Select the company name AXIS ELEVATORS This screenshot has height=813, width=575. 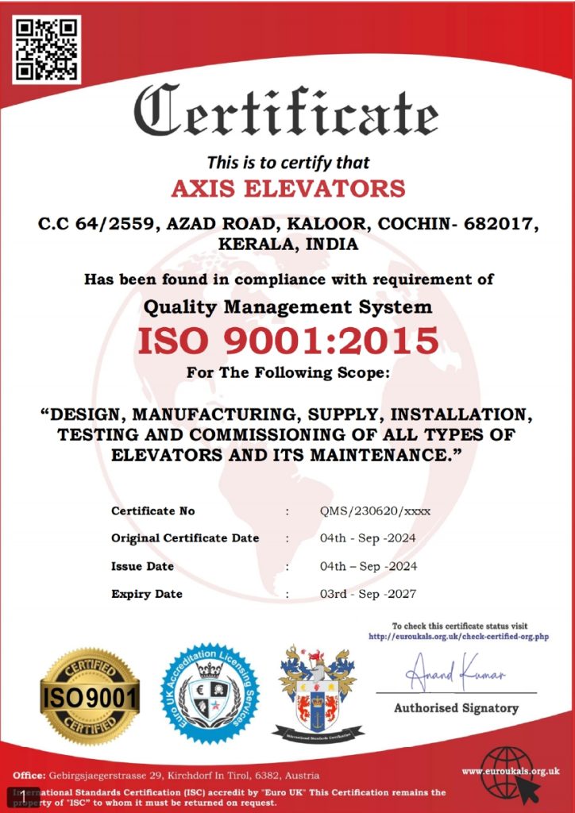[x=288, y=189]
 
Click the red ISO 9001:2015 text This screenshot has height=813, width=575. [x=288, y=341]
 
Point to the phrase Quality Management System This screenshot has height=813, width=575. [x=288, y=306]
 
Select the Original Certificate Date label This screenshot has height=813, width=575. [x=185, y=538]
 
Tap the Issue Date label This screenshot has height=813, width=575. [x=143, y=566]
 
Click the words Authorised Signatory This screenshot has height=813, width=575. [x=456, y=708]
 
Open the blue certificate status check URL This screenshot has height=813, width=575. [x=459, y=637]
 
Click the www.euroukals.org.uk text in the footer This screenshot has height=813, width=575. [x=511, y=770]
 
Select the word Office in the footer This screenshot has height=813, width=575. [x=28, y=775]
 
